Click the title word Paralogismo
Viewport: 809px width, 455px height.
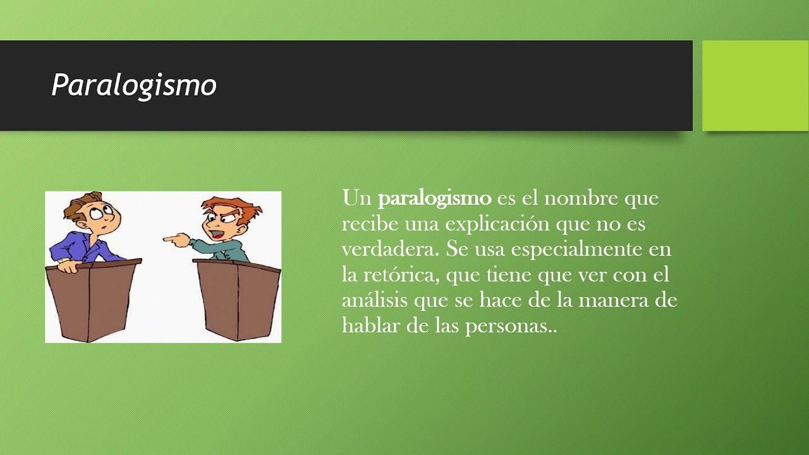click(134, 85)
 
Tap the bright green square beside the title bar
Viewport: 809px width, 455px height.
click(755, 85)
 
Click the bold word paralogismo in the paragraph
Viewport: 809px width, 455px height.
click(434, 198)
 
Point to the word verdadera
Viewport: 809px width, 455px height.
click(389, 249)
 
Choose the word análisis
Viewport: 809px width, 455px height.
click(375, 300)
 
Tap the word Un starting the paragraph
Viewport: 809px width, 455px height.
click(356, 198)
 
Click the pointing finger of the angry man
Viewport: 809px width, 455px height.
click(169, 240)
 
